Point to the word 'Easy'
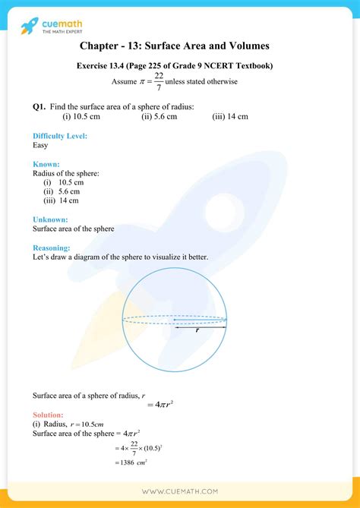(42, 144)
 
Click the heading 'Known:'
(46, 164)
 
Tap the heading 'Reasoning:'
(52, 248)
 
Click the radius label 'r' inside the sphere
(197, 331)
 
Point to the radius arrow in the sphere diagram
(199, 322)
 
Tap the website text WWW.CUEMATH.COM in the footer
(180, 493)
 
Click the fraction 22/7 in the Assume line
(158, 81)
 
